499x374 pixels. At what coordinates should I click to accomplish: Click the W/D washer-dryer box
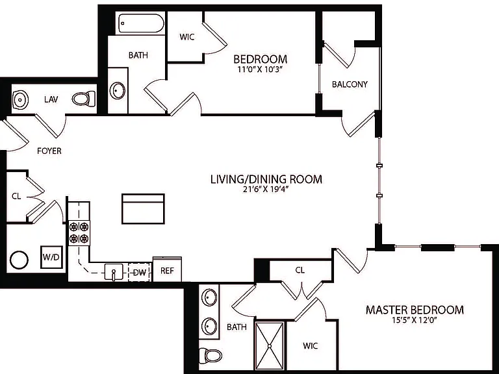pos(51,257)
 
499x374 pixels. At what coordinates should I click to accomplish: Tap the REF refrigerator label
pos(167,271)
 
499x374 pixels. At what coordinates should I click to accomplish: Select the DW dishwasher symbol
pos(140,272)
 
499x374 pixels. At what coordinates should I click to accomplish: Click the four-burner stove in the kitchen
pos(79,233)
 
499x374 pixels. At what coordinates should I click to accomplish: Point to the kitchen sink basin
pos(114,272)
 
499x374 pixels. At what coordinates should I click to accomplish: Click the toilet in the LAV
pos(84,99)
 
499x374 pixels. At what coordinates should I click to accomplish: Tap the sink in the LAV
pos(20,99)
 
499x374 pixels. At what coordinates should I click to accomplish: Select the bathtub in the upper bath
pos(141,23)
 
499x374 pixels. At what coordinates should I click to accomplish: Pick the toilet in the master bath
pos(211,355)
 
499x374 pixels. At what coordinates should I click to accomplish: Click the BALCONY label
pos(350,84)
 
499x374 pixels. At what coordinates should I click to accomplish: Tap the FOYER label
pos(49,151)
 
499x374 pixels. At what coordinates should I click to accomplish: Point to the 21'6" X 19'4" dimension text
pos(266,190)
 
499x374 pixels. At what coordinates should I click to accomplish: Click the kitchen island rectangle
pos(143,208)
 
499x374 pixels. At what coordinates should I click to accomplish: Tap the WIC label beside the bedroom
pos(187,37)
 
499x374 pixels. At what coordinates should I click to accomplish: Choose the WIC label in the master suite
pos(311,345)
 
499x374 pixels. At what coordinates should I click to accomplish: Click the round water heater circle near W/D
pos(19,260)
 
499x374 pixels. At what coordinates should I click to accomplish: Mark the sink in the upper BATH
pos(118,90)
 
